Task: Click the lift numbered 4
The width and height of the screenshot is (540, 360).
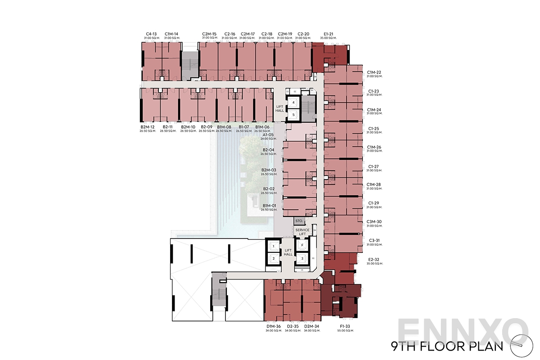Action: pos(293,103)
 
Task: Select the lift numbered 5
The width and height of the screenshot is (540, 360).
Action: pos(293,115)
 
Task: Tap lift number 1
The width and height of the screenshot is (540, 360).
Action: pos(273,247)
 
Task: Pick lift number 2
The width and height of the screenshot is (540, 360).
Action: pos(273,258)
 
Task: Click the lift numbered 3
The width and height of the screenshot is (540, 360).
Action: pos(302,258)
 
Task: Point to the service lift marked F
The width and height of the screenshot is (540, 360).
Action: pos(302,245)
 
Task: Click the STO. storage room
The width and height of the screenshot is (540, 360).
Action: pos(299,221)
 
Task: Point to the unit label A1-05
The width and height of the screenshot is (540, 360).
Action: pos(268,135)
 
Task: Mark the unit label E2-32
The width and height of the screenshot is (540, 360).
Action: pos(374,259)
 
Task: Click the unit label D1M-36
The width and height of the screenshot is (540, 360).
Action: pos(273,327)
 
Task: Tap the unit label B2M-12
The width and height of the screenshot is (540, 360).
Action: pos(147,127)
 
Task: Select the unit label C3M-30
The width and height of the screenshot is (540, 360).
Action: pos(374,221)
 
